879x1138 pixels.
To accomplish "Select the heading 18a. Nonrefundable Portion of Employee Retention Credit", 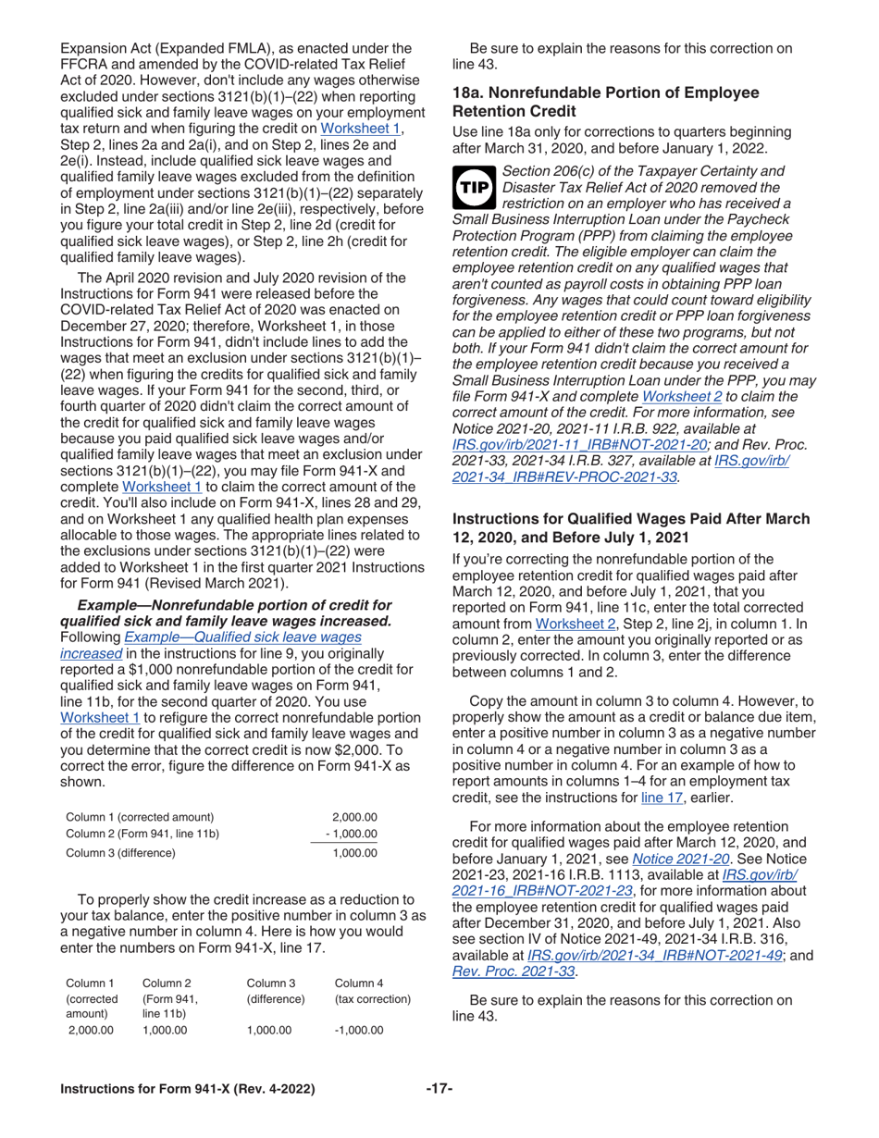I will point(604,101).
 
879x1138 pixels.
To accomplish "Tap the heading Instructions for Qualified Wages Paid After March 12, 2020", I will point(630,527).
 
